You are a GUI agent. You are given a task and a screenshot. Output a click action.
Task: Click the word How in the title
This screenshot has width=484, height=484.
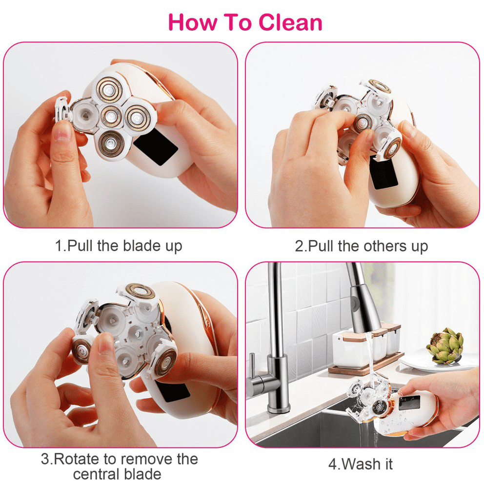point(189,22)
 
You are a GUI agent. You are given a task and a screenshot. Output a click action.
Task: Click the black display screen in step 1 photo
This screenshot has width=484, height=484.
point(155,146)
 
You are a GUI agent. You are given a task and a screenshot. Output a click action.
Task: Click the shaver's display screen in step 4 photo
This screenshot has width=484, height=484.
point(409,402)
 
